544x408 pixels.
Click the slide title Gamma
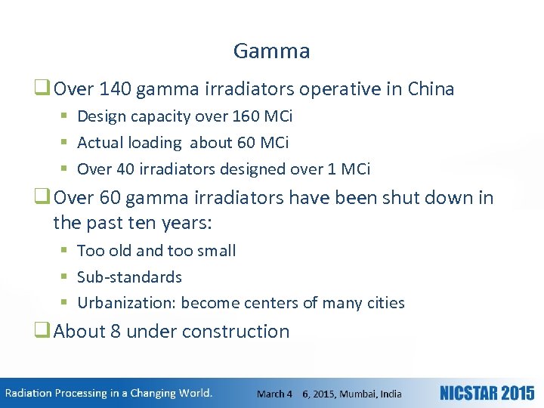[271, 51]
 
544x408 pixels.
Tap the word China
[431, 89]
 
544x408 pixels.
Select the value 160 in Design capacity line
[234, 116]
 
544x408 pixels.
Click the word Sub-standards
[129, 277]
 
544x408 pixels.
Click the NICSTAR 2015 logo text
[487, 394]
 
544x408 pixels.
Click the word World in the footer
[195, 393]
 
